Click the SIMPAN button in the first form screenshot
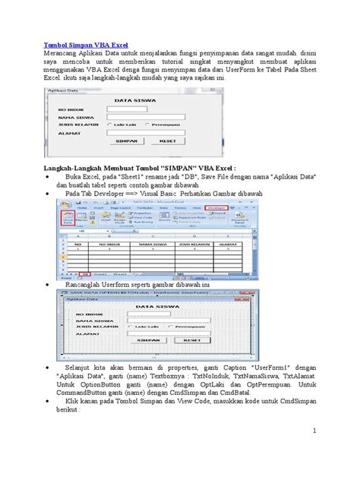click(129, 141)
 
